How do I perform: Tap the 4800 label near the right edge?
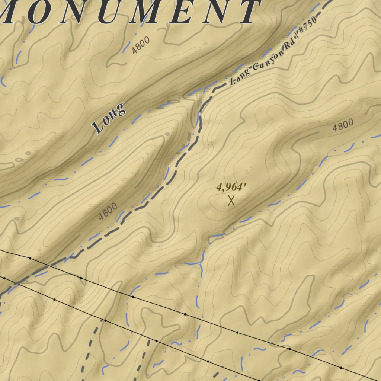click(x=343, y=126)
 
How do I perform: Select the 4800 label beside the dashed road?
click(x=108, y=211)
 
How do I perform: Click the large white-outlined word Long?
click(x=109, y=118)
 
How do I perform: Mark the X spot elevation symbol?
click(x=231, y=201)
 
